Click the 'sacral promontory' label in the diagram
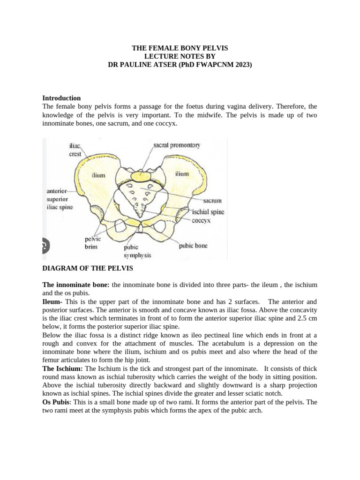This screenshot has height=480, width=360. [x=177, y=145]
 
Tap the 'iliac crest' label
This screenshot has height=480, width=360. [x=75, y=150]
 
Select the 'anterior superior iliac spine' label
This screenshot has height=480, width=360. [x=59, y=199]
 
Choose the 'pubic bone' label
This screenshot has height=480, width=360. [x=193, y=245]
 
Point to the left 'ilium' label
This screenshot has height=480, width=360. [x=98, y=175]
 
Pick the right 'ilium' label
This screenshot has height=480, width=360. [x=182, y=174]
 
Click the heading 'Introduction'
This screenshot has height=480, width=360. [x=61, y=98]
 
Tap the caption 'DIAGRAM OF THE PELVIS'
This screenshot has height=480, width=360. [x=88, y=269]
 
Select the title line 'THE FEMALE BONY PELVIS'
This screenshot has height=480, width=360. [x=180, y=48]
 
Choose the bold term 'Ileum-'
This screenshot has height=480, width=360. [x=52, y=301]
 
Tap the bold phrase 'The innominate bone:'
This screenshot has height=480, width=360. [x=76, y=285]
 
